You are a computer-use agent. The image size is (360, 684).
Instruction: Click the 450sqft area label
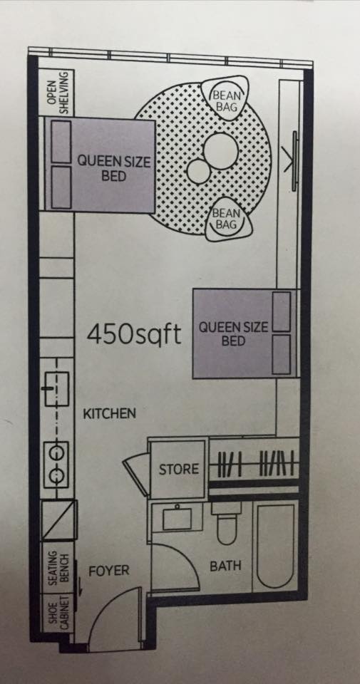pos(134,335)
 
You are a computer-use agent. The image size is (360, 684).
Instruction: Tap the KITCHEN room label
pos(110,413)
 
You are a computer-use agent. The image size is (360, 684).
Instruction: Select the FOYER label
pos(108,571)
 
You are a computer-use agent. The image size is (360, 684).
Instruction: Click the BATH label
pos(225,566)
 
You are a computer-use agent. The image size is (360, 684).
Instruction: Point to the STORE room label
pos(178,470)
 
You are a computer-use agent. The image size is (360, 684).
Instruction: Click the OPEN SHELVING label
pos(58,93)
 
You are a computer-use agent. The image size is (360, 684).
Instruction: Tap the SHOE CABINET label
pos(58,613)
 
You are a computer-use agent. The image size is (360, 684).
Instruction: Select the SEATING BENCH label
pos(58,568)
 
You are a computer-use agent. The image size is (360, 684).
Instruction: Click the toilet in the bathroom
pos(226,522)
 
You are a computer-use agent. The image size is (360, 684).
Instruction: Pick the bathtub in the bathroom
pos(275,546)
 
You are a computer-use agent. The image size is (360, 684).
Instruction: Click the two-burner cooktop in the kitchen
pos(56,465)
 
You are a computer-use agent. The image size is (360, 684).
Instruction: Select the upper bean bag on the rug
pos(225,99)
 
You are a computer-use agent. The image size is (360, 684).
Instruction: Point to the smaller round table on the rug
pos(199,171)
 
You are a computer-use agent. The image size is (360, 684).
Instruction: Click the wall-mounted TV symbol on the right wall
pos(294,161)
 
